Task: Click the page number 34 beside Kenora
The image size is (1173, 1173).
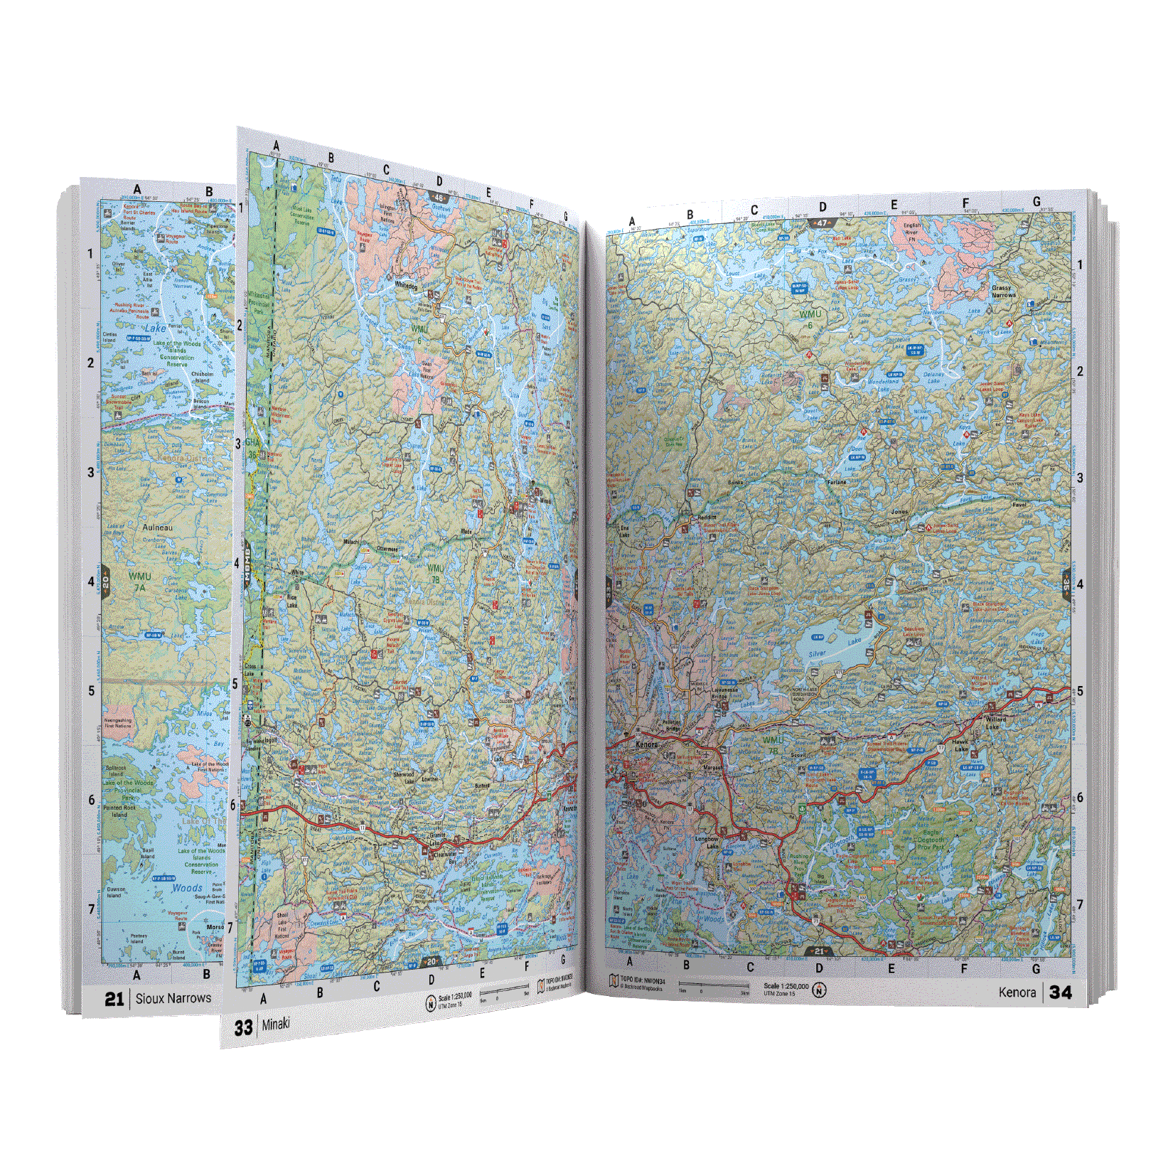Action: [x=1060, y=992]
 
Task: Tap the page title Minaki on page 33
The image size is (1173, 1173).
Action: [x=276, y=1024]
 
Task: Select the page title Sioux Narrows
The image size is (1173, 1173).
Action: [x=173, y=998]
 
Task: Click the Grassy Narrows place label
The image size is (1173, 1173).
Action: [x=1003, y=291]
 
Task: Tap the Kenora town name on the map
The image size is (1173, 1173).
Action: [x=646, y=744]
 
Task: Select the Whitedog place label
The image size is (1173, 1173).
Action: [x=406, y=285]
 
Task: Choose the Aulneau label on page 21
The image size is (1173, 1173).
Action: [x=157, y=527]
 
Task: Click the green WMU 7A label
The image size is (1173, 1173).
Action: [x=139, y=582]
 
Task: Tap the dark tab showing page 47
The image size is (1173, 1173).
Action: [x=821, y=223]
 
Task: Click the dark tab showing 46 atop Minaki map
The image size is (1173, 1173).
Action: [x=439, y=198]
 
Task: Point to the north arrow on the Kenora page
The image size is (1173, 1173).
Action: [x=819, y=990]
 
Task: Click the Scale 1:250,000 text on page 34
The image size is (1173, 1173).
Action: [x=786, y=986]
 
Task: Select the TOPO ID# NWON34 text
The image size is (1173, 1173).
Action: [x=643, y=980]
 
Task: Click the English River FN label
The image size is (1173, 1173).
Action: [x=911, y=232]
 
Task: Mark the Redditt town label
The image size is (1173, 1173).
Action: [x=707, y=518]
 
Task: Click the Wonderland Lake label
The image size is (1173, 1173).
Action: [x=883, y=385]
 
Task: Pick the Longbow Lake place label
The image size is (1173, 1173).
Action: [x=707, y=842]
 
